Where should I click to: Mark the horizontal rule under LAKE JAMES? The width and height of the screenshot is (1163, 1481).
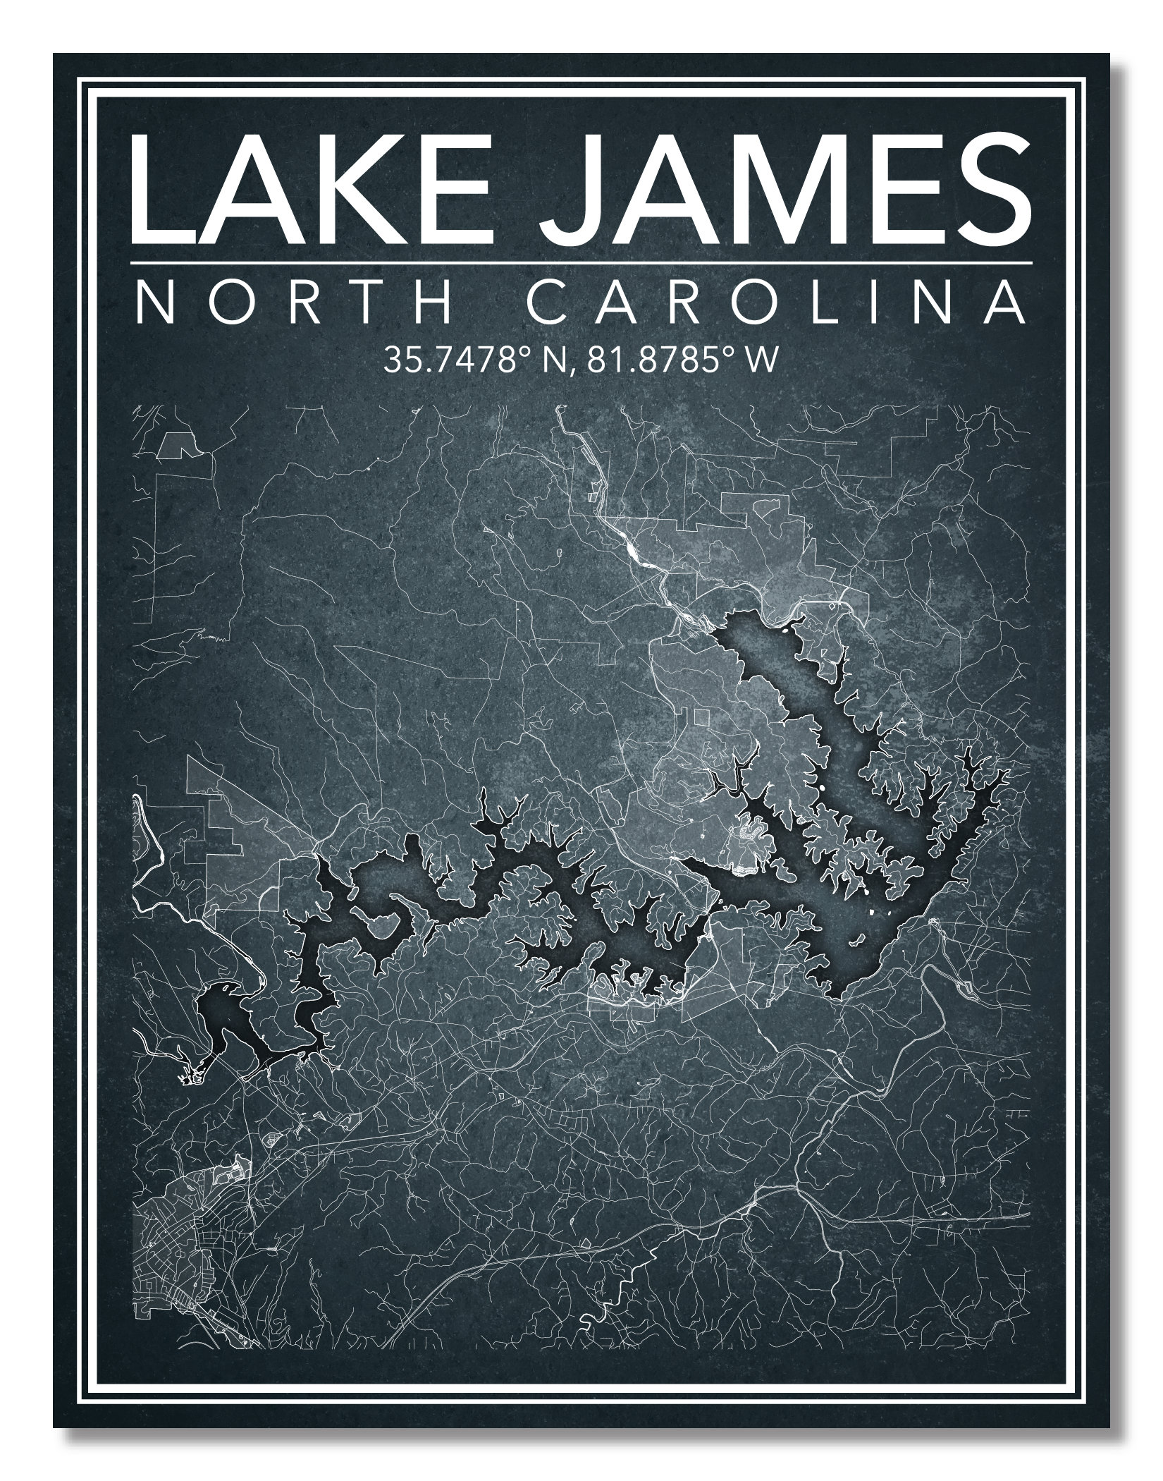click(x=581, y=263)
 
